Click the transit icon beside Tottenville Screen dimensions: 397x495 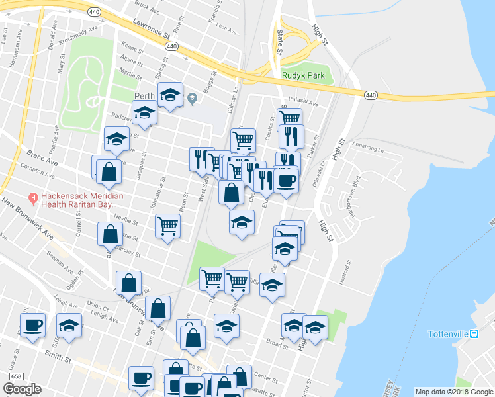click(x=474, y=333)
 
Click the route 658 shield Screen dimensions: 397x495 click(x=15, y=376)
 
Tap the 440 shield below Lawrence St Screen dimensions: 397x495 click(x=171, y=46)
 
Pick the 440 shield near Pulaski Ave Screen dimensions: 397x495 click(x=371, y=95)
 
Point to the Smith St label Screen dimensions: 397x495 click(x=58, y=357)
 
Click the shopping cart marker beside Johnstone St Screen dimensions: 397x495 click(x=167, y=226)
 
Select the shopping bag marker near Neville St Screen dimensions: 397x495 click(x=110, y=234)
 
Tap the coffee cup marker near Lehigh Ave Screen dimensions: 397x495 click(x=32, y=325)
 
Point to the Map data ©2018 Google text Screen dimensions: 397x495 click(x=454, y=392)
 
